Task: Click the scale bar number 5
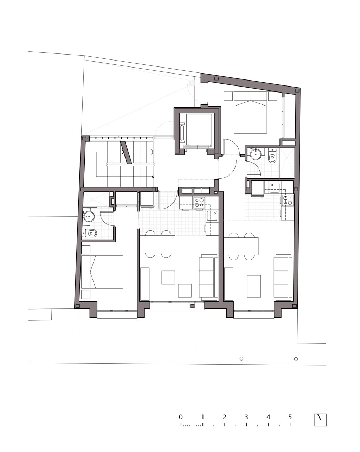point(290,417)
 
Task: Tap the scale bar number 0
point(181,417)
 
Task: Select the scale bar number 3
point(246,417)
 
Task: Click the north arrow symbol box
point(320,420)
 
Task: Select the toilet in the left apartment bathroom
point(90,233)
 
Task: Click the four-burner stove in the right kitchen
point(288,200)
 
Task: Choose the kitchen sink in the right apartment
point(275,187)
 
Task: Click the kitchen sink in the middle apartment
point(212,216)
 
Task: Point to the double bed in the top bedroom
point(250,113)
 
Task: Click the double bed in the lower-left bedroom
point(102,272)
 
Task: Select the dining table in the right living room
point(241,246)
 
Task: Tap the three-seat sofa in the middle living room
point(208,277)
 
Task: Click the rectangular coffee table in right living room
point(254,286)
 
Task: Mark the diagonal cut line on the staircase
point(126,153)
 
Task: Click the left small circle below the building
point(242,359)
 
